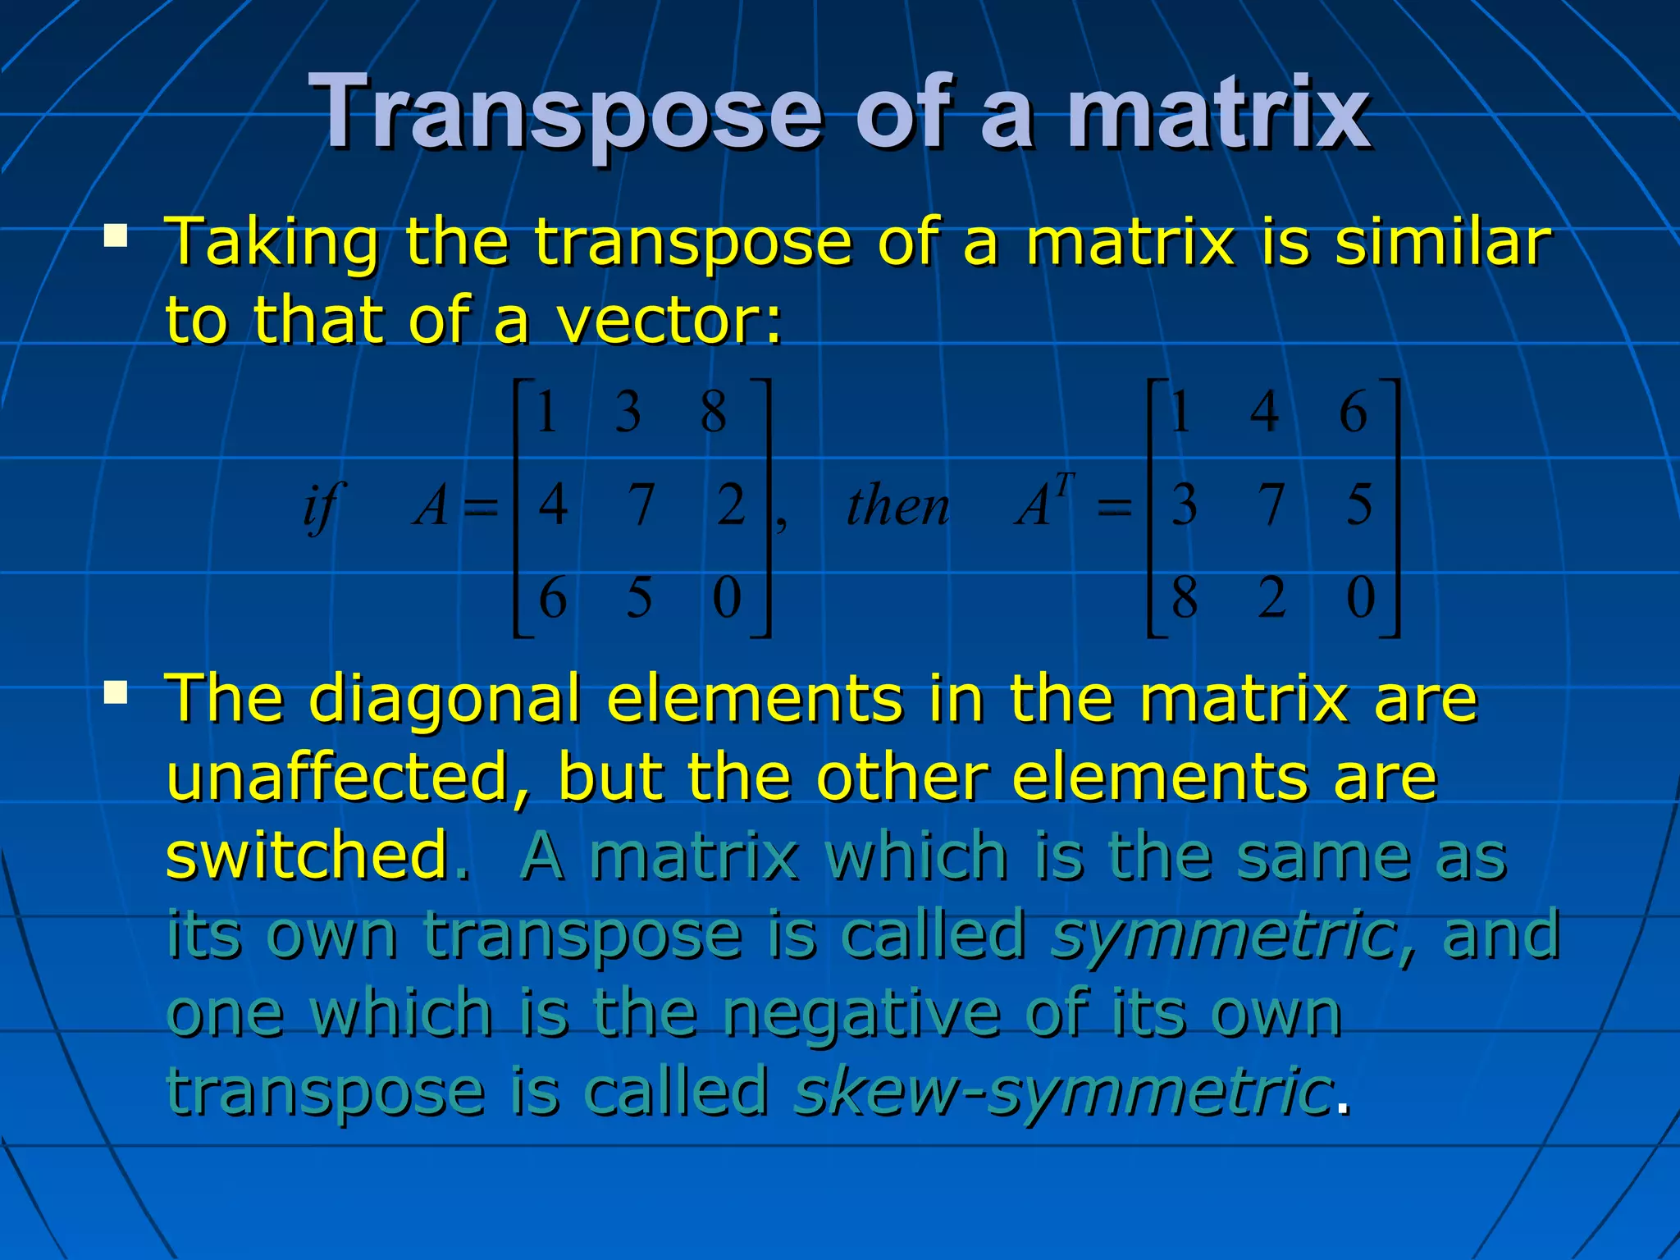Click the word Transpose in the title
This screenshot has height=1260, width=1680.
tap(566, 113)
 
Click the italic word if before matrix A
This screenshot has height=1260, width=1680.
tap(322, 506)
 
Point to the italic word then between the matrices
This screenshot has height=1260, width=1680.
tap(897, 506)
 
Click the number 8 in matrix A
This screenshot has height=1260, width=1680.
tap(714, 412)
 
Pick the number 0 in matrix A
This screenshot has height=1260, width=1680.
tap(727, 597)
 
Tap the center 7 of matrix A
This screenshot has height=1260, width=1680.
tap(641, 504)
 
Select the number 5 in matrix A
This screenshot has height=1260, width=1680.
tap(639, 597)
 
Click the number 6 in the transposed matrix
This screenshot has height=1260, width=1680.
tap(1353, 412)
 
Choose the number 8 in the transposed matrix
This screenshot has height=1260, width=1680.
tap(1185, 597)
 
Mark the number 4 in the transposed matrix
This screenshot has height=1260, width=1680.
tap(1264, 412)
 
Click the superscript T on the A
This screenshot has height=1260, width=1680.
tap(1064, 486)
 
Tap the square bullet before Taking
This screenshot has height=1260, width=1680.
tap(116, 237)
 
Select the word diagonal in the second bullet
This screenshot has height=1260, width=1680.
tap(444, 699)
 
